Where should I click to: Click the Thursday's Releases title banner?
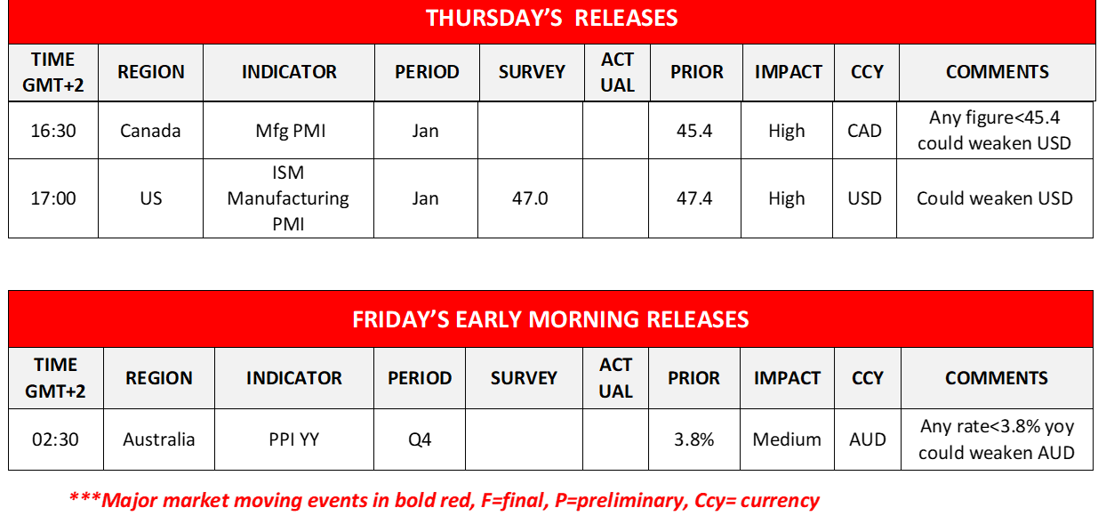tap(551, 19)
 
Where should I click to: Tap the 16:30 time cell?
tap(53, 131)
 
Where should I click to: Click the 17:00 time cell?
tap(53, 198)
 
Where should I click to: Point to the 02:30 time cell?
tap(55, 439)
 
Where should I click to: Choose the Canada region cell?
tap(150, 131)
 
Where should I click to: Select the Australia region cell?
tap(158, 439)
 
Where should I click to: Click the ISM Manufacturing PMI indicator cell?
tap(289, 198)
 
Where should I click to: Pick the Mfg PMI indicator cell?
tap(289, 131)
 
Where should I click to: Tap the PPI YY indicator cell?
tap(293, 439)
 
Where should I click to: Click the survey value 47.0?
tap(530, 198)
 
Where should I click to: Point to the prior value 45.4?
tap(694, 131)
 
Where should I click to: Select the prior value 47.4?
tap(694, 198)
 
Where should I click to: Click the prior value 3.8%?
tap(693, 439)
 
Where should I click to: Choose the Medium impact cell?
tap(786, 439)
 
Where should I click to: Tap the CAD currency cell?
tap(864, 131)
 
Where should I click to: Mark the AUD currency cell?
tap(867, 439)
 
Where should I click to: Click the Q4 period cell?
tap(420, 439)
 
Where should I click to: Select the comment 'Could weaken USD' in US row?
tap(994, 198)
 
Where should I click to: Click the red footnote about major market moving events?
tap(444, 500)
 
